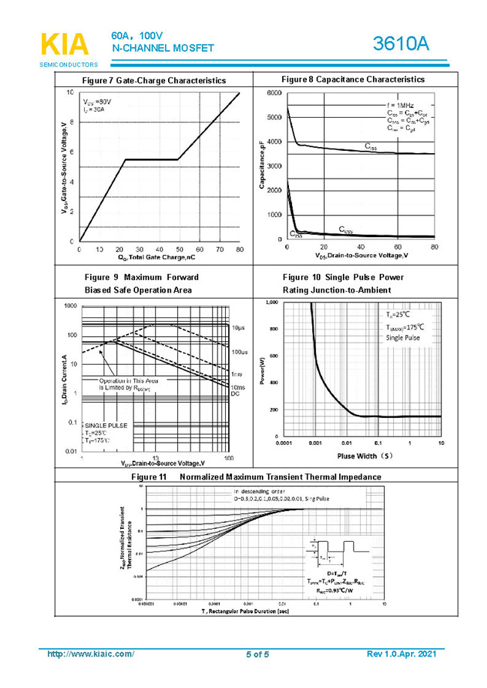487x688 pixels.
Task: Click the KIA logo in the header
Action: pyautogui.click(x=65, y=45)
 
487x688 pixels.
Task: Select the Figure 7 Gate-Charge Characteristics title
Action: pyautogui.click(x=154, y=80)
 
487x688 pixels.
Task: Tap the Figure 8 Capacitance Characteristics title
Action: pyautogui.click(x=353, y=79)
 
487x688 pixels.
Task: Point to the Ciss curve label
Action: pyautogui.click(x=371, y=147)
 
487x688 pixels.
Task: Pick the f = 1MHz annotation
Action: pyautogui.click(x=401, y=104)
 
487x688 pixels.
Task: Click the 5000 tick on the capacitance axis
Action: pyautogui.click(x=274, y=117)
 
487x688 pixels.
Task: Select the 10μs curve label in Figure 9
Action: pyautogui.click(x=238, y=328)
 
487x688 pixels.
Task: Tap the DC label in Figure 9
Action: pyautogui.click(x=235, y=394)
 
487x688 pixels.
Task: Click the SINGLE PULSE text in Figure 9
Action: pyautogui.click(x=106, y=425)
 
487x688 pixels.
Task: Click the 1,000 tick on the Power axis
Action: pyautogui.click(x=271, y=302)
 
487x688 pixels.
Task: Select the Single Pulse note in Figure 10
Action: pyautogui.click(x=403, y=338)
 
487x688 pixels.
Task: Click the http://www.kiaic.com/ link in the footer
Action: pyautogui.click(x=91, y=654)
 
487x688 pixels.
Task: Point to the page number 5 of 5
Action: pyautogui.click(x=257, y=655)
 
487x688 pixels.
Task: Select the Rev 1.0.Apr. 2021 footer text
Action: pyautogui.click(x=401, y=654)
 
